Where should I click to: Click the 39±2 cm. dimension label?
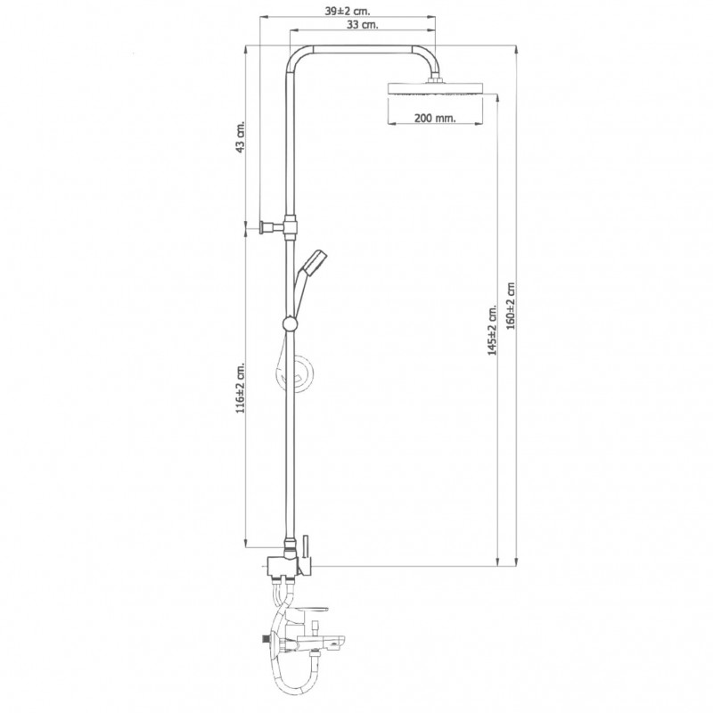point(348,11)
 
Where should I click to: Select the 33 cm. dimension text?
point(363,25)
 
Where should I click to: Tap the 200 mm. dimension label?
point(435,118)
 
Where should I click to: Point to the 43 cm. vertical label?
point(240,136)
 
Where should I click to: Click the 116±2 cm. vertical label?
point(240,388)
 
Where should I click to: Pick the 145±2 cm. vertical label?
point(493,330)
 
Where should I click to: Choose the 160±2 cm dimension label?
point(511,306)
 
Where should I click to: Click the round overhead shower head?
point(434,88)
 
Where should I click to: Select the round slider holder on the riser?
point(290,324)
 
